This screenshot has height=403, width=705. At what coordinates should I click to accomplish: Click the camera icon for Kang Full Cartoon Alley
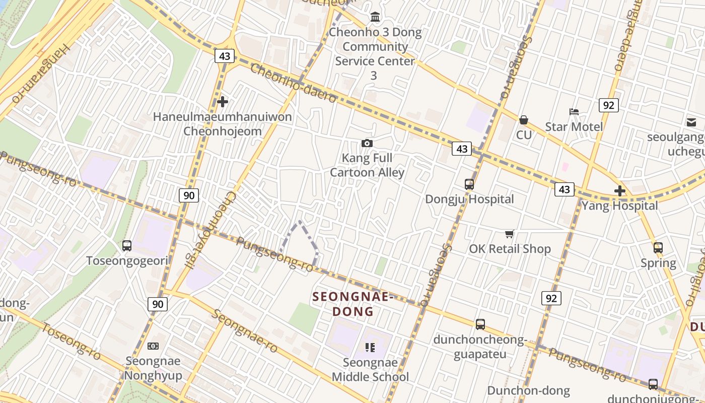click(x=367, y=144)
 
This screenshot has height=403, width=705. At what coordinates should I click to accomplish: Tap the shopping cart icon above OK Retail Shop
click(x=510, y=234)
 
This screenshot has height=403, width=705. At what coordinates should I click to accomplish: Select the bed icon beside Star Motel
click(x=574, y=111)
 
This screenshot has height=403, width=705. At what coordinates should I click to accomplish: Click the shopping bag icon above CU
click(x=524, y=120)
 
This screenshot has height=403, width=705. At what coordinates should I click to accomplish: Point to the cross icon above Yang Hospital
click(x=620, y=191)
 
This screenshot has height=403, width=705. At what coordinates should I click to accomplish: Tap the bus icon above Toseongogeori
click(x=127, y=246)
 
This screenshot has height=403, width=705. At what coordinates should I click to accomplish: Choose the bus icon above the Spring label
click(x=658, y=248)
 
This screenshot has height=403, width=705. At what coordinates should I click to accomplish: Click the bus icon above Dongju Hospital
click(x=469, y=184)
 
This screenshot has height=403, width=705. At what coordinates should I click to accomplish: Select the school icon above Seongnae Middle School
click(x=370, y=348)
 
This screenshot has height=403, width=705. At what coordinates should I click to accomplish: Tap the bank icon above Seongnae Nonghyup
click(x=153, y=346)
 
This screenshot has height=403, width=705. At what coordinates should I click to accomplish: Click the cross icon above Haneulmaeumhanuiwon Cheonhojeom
click(x=223, y=102)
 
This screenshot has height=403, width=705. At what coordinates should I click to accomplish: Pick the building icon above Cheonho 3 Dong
click(x=375, y=18)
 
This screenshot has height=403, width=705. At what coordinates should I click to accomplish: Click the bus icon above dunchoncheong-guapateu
click(x=480, y=324)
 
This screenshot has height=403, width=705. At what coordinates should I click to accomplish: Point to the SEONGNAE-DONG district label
click(x=352, y=304)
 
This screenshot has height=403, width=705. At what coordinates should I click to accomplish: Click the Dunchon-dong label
click(x=528, y=390)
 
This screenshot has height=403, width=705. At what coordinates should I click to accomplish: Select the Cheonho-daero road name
click(x=293, y=84)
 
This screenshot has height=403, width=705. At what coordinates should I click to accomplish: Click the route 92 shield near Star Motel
click(x=609, y=105)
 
